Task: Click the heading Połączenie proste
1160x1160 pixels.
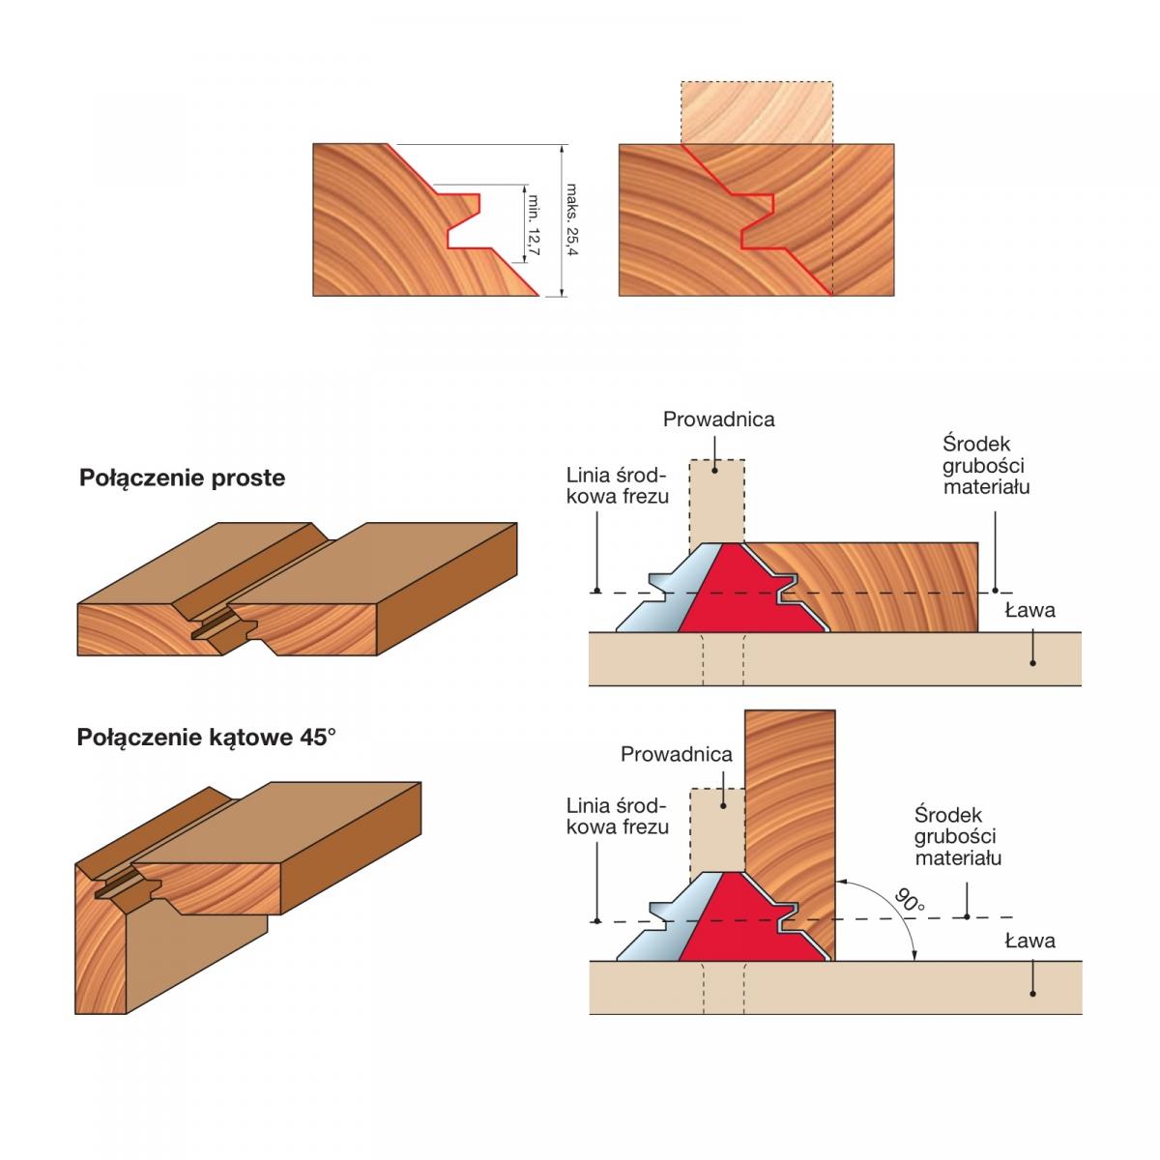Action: [x=182, y=478]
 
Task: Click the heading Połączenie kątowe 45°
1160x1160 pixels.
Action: [x=206, y=738]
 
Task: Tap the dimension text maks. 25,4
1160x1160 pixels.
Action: [x=571, y=219]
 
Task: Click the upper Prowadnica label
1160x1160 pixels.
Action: [x=718, y=420]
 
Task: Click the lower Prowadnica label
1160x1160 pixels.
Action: [x=677, y=754]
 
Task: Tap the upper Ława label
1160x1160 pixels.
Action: [x=1029, y=610]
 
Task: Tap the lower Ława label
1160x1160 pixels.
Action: [x=1029, y=940]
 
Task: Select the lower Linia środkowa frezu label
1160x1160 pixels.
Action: [x=617, y=816]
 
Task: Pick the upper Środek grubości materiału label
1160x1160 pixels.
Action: [x=986, y=465]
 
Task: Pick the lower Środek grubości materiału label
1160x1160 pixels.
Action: [x=957, y=836]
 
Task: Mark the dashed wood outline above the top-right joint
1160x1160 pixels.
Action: [x=756, y=112]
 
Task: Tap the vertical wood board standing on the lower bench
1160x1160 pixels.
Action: [x=790, y=802]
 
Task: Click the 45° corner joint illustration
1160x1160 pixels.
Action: [x=242, y=880]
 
